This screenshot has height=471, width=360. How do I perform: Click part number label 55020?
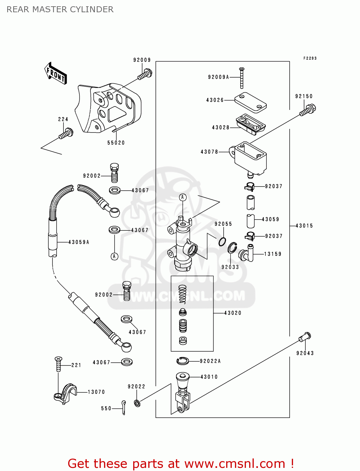[x=116, y=143]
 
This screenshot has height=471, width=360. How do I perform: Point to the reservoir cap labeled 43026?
[x=250, y=102]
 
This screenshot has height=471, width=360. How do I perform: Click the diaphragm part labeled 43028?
[x=250, y=124]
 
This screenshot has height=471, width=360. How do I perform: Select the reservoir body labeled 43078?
[x=250, y=159]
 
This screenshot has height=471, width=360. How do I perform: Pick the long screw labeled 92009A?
[x=242, y=78]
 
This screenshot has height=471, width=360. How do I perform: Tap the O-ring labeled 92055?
[x=222, y=242]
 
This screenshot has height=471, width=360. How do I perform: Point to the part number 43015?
[x=304, y=226]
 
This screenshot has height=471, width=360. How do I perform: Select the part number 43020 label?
[x=233, y=313]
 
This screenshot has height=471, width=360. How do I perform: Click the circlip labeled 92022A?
[x=183, y=361]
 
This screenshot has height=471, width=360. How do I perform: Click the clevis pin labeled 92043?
[x=305, y=337]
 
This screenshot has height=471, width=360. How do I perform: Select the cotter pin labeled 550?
[x=124, y=407]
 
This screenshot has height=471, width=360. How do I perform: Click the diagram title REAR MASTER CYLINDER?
[x=60, y=9]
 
